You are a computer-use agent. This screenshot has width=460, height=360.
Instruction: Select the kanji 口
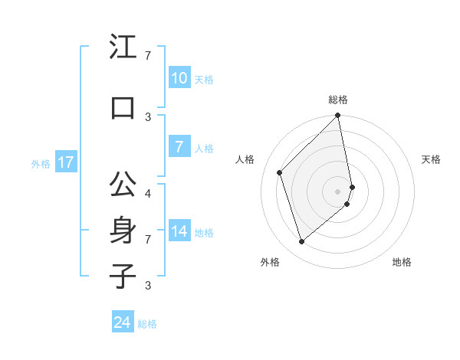[x=122, y=107]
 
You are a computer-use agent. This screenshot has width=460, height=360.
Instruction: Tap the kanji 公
[x=122, y=185]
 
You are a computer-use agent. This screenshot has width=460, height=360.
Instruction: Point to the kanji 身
[x=122, y=230]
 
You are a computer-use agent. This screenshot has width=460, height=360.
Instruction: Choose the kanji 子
[x=122, y=276]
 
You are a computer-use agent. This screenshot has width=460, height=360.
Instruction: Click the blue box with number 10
[x=179, y=78]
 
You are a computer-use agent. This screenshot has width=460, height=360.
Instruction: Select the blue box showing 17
[x=65, y=162]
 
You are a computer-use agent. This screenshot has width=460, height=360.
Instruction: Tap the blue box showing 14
[x=179, y=231]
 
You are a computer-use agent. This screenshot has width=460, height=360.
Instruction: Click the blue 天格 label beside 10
[x=204, y=80]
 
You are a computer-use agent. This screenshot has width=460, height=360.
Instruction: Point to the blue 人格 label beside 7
[x=204, y=149]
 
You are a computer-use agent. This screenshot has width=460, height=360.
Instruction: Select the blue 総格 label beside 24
[x=148, y=324]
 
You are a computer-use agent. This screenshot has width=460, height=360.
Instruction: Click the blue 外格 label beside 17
[x=41, y=164]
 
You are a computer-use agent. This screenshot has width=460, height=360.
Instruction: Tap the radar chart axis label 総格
[x=338, y=100]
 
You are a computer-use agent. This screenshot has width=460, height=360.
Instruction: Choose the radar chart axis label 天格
[x=431, y=159]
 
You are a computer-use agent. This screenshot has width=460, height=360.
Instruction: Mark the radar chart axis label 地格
[x=402, y=263]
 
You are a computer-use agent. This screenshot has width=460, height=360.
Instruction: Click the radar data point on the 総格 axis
[x=338, y=116]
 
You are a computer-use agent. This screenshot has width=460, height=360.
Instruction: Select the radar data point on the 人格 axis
[x=280, y=172]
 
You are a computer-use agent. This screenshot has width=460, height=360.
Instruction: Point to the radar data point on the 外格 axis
[x=301, y=241]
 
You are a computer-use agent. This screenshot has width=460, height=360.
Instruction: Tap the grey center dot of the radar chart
[x=338, y=191]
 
